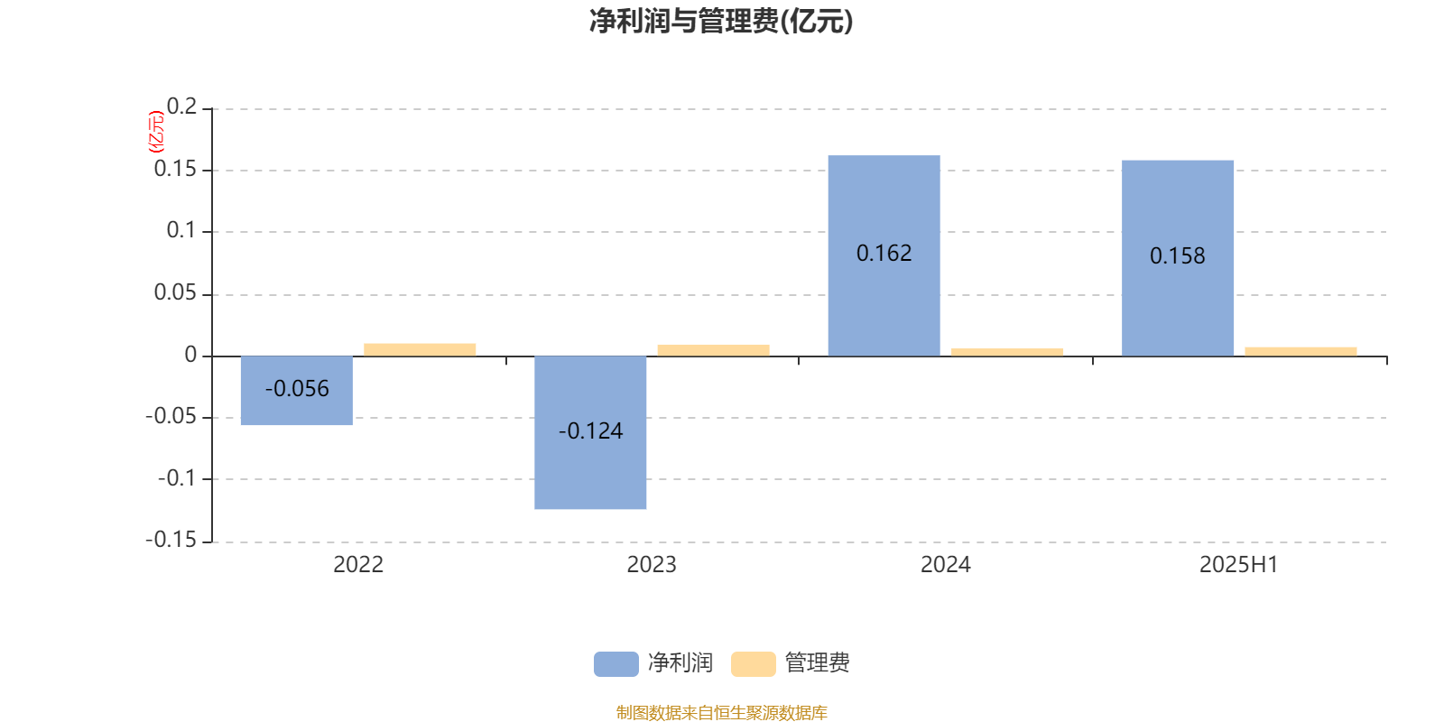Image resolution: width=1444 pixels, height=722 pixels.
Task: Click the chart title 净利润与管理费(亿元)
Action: [721, 22]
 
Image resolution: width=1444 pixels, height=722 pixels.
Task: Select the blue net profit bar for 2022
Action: [297, 390]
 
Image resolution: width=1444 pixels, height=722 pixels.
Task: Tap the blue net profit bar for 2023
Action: [590, 432]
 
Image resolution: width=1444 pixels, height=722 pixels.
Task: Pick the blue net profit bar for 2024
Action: [884, 255]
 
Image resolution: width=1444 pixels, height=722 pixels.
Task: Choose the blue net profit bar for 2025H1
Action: [1178, 258]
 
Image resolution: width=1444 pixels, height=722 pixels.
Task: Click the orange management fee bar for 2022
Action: [420, 349]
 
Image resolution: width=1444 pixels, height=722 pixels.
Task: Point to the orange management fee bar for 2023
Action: [714, 350]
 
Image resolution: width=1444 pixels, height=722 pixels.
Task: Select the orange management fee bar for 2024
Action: [1007, 352]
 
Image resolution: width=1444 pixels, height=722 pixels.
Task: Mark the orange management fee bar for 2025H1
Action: [1301, 351]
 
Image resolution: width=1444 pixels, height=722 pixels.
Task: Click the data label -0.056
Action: [297, 389]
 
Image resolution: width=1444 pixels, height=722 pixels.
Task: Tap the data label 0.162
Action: [884, 254]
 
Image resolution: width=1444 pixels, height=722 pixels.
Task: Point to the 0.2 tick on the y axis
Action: [181, 106]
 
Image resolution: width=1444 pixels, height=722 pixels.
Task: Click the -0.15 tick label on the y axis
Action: [171, 540]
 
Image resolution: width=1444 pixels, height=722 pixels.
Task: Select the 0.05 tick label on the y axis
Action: [175, 292]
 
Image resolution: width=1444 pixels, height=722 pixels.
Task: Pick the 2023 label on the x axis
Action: [652, 565]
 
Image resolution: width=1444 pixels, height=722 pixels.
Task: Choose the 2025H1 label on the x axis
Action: [1239, 565]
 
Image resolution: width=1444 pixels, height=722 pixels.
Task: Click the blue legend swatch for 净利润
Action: [616, 664]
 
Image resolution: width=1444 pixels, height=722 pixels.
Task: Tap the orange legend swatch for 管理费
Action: [753, 664]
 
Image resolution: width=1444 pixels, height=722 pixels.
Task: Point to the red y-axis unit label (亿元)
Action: [156, 132]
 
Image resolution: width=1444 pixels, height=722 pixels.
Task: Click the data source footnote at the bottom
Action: [721, 712]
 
